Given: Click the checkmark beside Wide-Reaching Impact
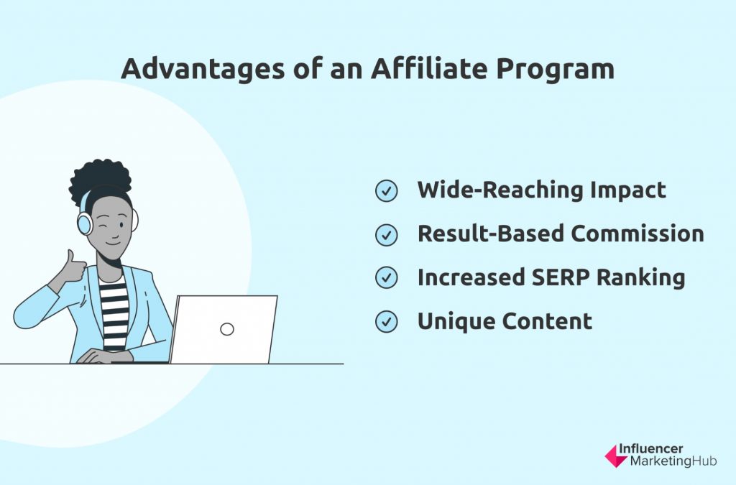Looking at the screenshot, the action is click(386, 191).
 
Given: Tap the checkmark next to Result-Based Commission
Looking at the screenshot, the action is click(386, 234).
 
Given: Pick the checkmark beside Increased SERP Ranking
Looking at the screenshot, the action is click(386, 277).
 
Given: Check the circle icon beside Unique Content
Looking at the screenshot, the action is click(386, 322).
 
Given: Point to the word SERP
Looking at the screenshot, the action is click(559, 277).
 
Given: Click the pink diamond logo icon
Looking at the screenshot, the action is click(615, 456).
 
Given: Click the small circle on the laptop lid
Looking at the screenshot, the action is click(226, 329).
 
